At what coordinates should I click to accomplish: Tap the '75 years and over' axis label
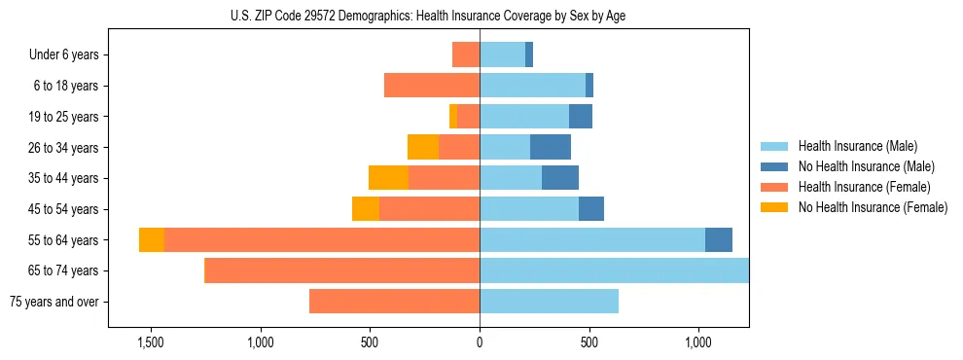[54, 302]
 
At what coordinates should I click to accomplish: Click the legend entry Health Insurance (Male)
[857, 146]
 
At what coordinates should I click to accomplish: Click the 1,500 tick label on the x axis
[151, 342]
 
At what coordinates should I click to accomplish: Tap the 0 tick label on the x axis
[480, 342]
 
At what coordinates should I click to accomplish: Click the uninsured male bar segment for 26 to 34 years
[551, 147]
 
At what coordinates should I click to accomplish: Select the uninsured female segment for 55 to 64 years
[152, 240]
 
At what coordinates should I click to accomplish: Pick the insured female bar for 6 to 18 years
[432, 86]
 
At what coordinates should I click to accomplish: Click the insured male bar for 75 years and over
[549, 302]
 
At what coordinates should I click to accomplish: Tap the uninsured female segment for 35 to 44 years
[388, 178]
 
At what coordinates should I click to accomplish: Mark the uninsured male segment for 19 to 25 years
[581, 117]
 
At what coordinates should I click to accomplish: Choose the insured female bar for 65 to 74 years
[342, 270]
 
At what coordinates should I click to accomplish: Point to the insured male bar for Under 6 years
[502, 54]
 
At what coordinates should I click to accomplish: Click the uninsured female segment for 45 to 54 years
[366, 209]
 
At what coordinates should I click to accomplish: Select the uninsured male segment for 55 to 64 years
[719, 240]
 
